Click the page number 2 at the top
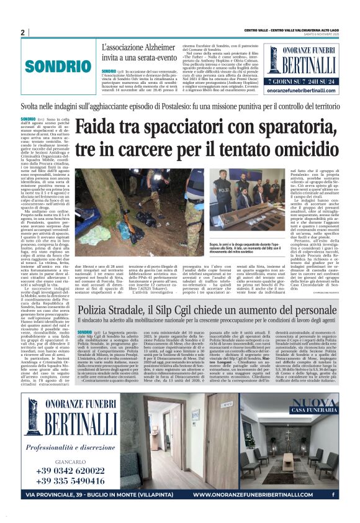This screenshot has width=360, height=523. (22, 32)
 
